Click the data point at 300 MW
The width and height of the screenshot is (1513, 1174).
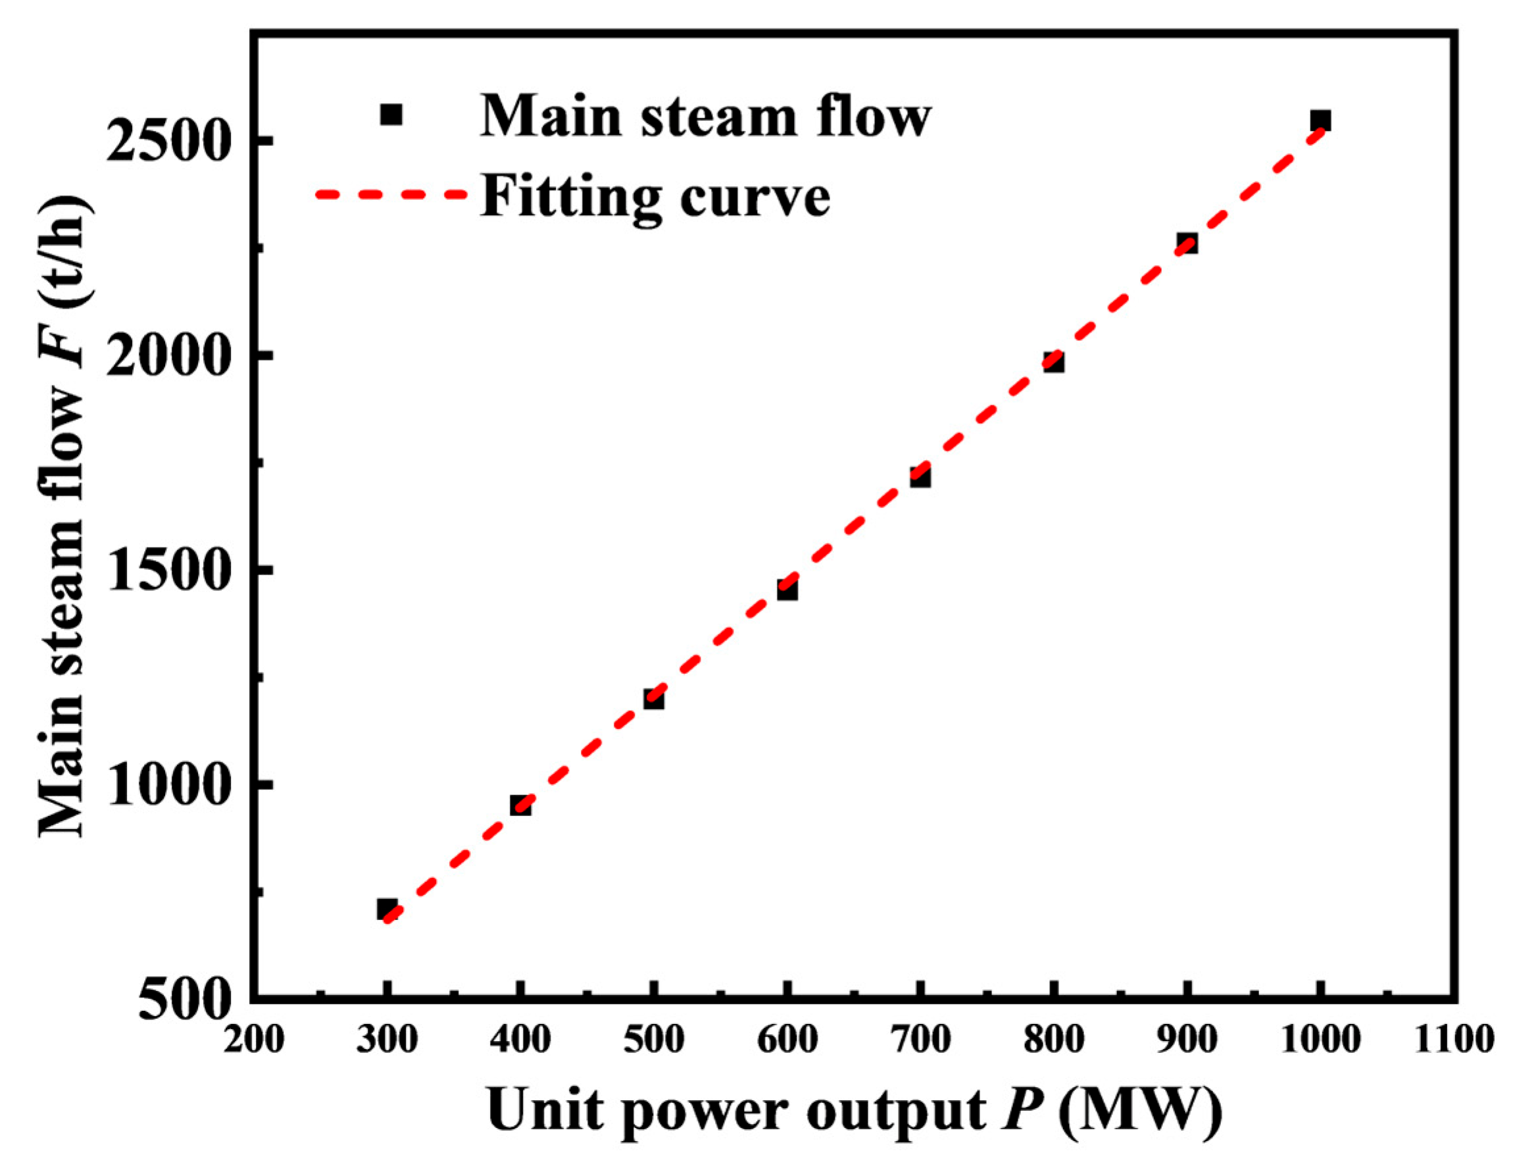[x=387, y=909]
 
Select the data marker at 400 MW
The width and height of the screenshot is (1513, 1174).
[x=520, y=805]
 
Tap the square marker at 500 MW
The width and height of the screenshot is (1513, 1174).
[x=653, y=699]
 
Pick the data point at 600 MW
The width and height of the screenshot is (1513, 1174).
[x=787, y=590]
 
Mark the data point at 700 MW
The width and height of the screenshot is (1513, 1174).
[x=920, y=477]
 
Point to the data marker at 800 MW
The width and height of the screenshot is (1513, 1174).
[x=1054, y=361]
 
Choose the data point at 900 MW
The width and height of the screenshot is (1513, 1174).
[x=1187, y=243]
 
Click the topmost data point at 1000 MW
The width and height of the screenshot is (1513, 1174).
[x=1320, y=121]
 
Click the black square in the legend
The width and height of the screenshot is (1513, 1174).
[x=391, y=115]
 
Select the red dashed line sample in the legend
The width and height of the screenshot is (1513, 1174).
[x=391, y=194]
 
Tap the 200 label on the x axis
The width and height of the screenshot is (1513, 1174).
[x=253, y=1040]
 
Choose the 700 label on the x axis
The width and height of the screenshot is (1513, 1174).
[x=920, y=1040]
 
